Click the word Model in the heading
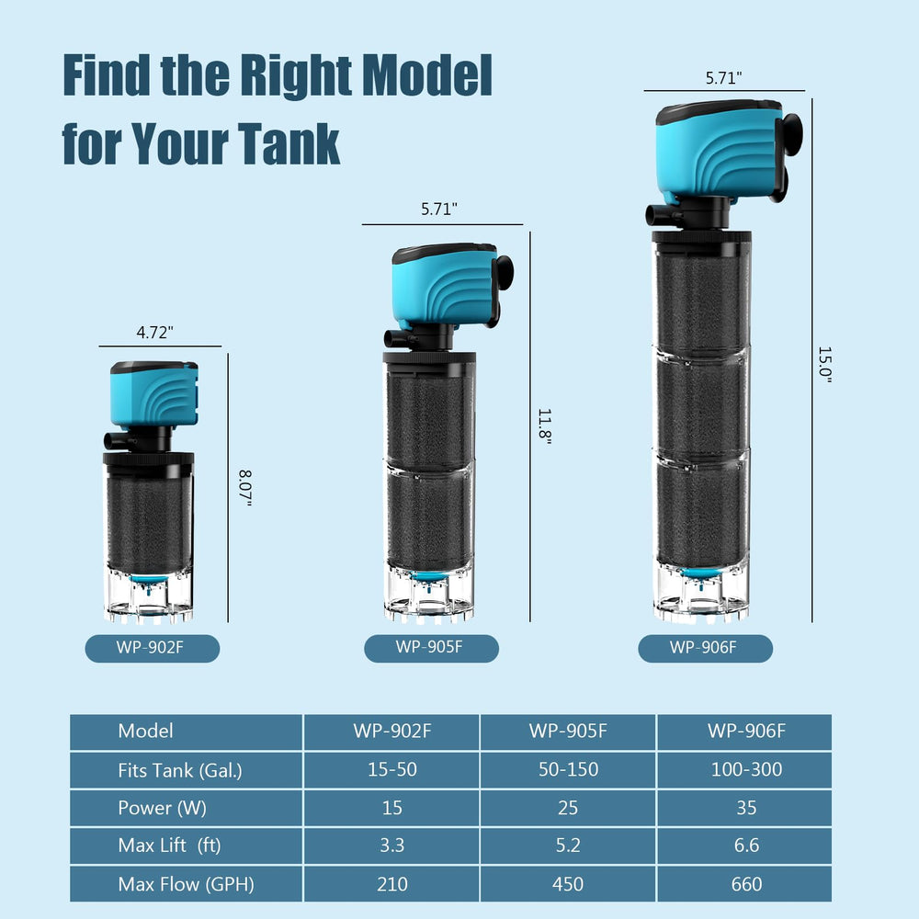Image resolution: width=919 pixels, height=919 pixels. tap(426, 75)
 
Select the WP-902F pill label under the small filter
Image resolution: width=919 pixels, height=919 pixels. tap(153, 648)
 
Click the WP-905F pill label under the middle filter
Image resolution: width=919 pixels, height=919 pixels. tap(431, 648)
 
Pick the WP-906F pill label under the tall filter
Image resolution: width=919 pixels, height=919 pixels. tap(705, 648)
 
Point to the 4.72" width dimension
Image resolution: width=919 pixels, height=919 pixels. tap(154, 333)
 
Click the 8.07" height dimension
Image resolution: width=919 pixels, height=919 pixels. tap(245, 488)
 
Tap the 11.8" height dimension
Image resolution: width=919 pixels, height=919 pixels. tap(545, 426)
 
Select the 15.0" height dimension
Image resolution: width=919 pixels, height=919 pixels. tap(825, 365)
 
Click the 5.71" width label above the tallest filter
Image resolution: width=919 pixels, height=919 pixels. tap(724, 78)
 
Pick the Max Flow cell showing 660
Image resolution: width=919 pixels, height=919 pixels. tap(746, 884)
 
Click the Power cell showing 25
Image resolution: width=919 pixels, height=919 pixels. tap(567, 808)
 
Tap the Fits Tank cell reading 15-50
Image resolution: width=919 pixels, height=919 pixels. tap(391, 769)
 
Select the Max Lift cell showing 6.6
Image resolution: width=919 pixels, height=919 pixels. tap(746, 845)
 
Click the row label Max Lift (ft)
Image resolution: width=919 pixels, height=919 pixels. tap(169, 845)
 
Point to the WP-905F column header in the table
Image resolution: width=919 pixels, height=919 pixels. tap(567, 732)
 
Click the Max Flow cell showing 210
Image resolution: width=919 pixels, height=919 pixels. tap(391, 884)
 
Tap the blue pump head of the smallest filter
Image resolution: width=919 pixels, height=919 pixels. tap(154, 393)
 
